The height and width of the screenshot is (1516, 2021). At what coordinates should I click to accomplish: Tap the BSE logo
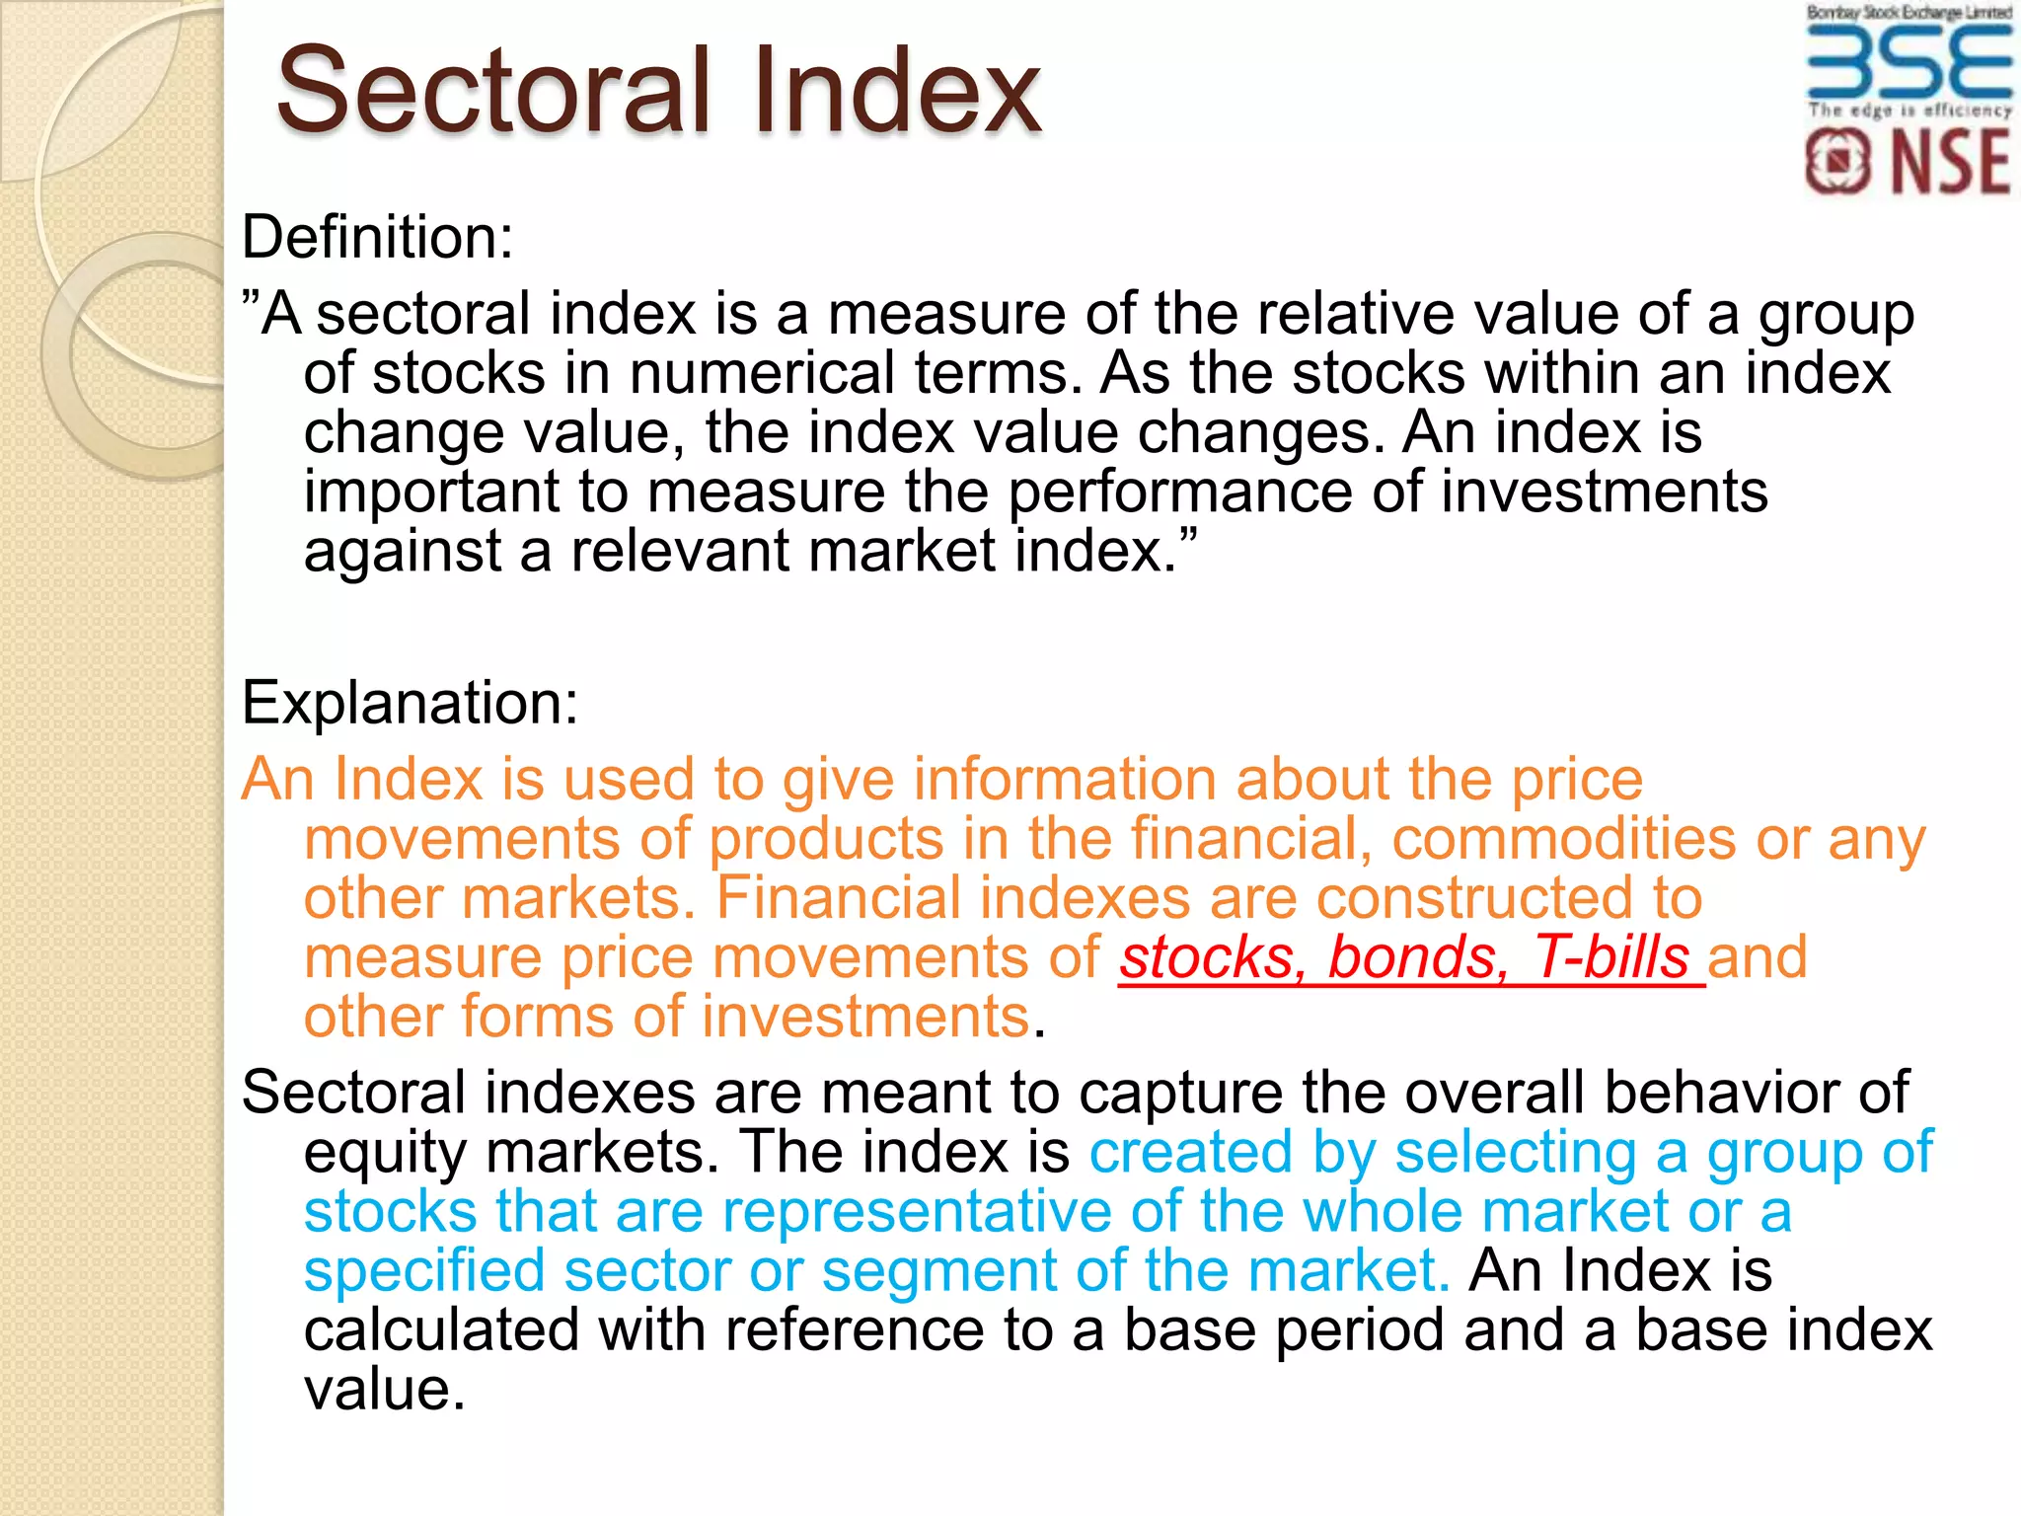coord(1909,61)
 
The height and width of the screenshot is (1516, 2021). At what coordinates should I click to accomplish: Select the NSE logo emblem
coord(1836,163)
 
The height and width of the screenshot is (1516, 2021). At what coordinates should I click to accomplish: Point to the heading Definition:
coord(378,238)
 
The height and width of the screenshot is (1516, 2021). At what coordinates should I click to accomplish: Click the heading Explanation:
coord(410,703)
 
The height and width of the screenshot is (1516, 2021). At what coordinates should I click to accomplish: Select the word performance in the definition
coord(1180,492)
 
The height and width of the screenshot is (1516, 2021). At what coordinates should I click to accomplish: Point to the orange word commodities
coord(1563,839)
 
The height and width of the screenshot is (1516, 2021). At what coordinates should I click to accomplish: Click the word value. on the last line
coord(385,1390)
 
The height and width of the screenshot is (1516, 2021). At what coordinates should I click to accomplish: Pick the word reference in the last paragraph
coord(855,1330)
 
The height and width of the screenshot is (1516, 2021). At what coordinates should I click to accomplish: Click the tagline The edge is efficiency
coord(1909,111)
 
